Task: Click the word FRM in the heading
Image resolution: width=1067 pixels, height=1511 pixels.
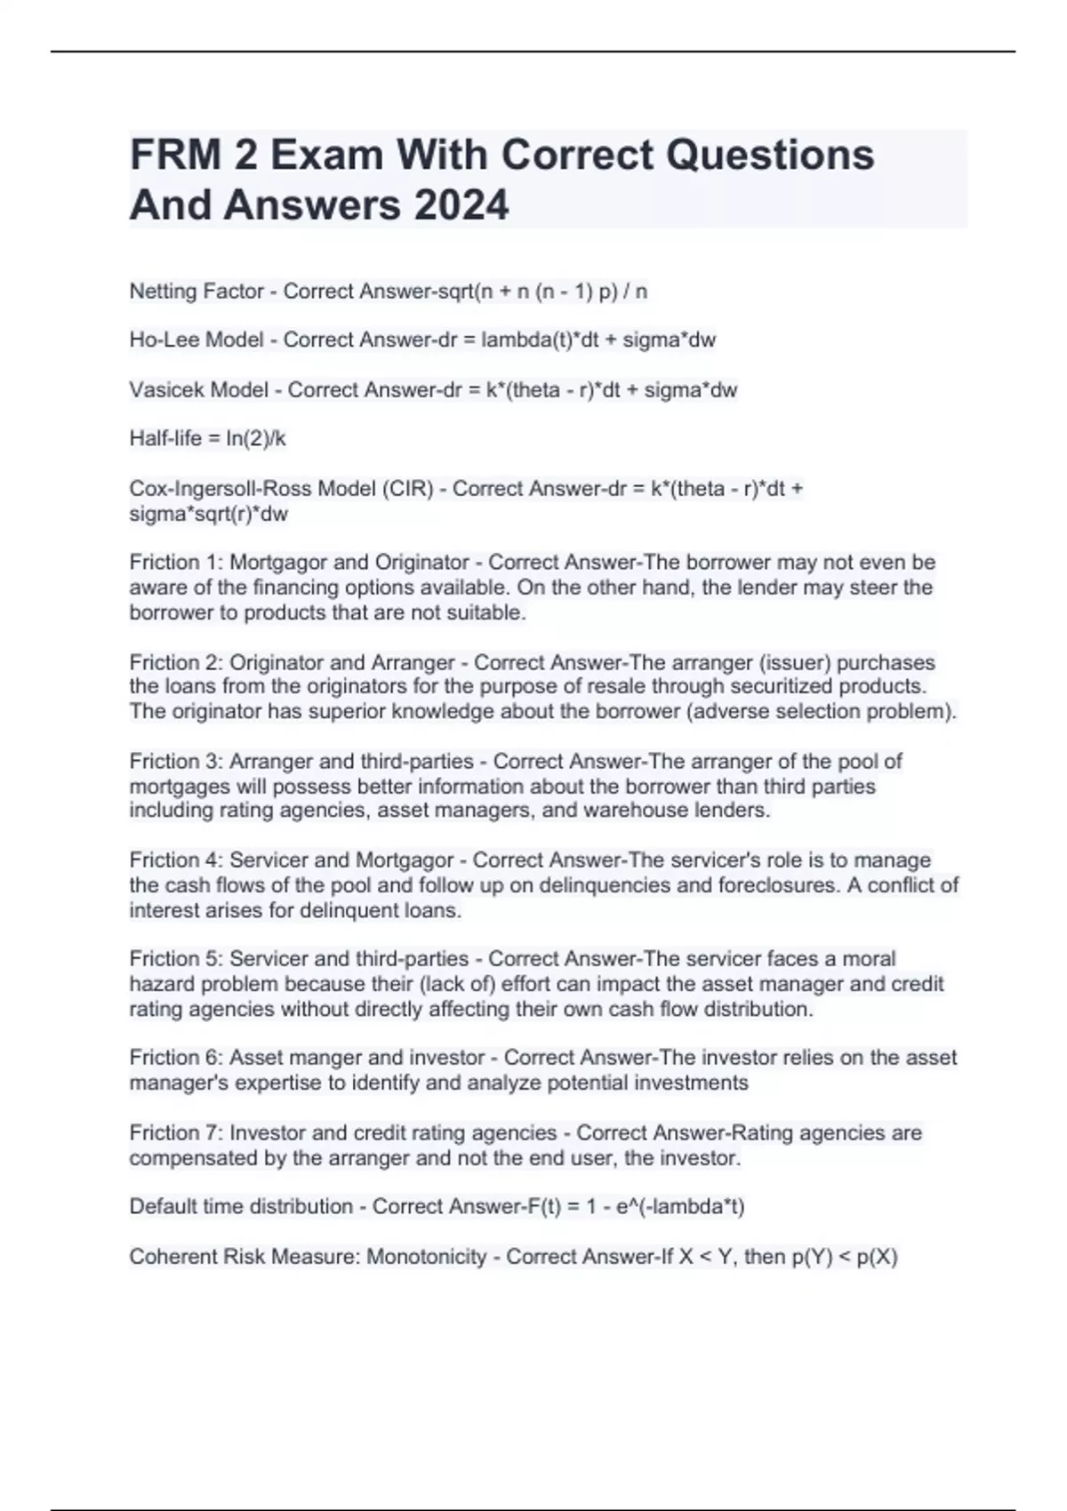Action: coord(176,155)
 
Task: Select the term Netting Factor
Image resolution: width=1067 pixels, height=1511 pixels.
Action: coord(197,292)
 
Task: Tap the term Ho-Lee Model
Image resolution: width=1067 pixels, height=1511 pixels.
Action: coord(197,340)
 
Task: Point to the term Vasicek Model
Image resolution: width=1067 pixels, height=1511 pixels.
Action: coord(198,390)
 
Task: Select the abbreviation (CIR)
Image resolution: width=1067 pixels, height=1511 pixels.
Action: coord(406,489)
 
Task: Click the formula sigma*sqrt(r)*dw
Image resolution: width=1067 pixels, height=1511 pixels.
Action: coord(209,514)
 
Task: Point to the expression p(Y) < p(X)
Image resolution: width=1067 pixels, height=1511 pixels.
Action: coord(845,1257)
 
